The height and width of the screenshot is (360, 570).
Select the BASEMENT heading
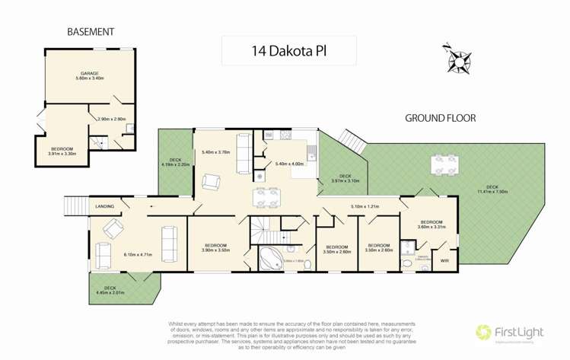coord(91,32)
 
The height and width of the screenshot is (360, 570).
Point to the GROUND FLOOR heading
coord(440,118)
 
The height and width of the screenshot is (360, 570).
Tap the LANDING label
coord(105,206)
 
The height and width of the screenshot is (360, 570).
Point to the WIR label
coord(444,261)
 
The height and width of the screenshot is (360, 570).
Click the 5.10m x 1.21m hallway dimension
coord(365,206)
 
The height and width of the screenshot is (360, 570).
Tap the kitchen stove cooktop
coord(285,135)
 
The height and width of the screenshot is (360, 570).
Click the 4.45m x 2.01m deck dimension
coord(110,292)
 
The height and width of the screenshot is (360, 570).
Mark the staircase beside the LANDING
coord(74,205)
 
